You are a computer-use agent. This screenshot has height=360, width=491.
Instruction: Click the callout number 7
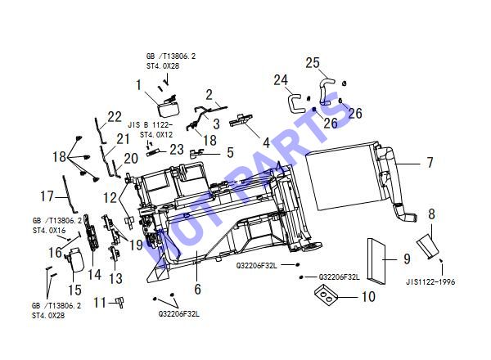coord(430,163)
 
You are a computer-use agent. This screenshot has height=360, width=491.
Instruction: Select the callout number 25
coord(313,63)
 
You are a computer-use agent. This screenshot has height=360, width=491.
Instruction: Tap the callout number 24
coord(281,80)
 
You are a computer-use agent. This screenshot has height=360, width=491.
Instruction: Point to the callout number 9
coord(407,259)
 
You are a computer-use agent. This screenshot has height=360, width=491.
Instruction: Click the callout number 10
coord(368,296)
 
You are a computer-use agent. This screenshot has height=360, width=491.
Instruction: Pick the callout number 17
coord(47,196)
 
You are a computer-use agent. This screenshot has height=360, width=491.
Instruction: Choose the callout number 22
coord(115,117)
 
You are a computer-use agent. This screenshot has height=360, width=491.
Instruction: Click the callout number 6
coord(197,289)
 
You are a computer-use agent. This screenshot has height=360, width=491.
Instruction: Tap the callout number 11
coord(100,303)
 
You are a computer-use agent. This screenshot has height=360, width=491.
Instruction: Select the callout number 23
coord(177,150)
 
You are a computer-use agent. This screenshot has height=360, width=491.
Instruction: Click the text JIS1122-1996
coord(430,281)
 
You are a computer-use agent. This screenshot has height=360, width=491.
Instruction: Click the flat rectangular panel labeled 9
coord(376,262)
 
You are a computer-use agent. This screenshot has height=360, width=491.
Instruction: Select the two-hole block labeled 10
coord(326,295)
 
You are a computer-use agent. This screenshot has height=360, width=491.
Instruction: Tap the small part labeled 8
coord(428,245)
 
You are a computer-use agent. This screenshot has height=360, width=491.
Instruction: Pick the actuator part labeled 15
coord(76,259)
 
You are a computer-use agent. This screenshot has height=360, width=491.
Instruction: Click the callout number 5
coord(230,152)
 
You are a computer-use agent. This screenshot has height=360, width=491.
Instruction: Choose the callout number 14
coord(94,275)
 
